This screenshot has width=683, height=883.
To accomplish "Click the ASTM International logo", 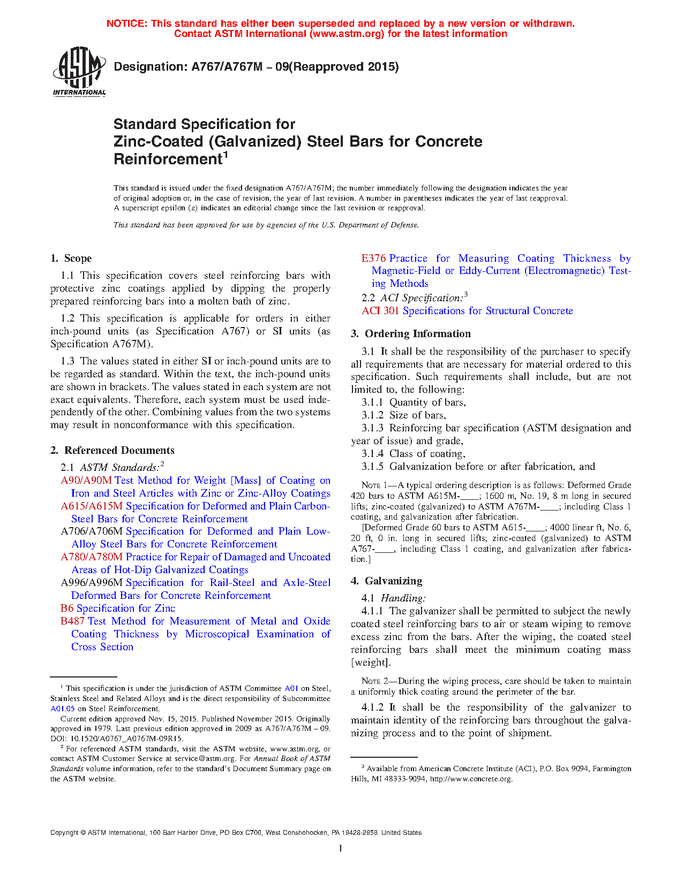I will pyautogui.click(x=79, y=71).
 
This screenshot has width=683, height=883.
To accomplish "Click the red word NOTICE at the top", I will pyautogui.click(x=126, y=24).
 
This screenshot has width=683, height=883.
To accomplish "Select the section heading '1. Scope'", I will pyautogui.click(x=71, y=258).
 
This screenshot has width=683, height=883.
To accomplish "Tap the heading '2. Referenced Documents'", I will pyautogui.click(x=112, y=451).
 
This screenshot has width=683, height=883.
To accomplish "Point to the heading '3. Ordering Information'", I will pyautogui.click(x=411, y=334).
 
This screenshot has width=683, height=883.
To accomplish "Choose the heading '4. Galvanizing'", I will pyautogui.click(x=386, y=581).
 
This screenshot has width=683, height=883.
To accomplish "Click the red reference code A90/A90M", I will pyautogui.click(x=86, y=481).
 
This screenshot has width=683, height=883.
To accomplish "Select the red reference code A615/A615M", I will pyautogui.click(x=92, y=506).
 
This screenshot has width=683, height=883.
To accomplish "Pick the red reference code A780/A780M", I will pyautogui.click(x=92, y=557).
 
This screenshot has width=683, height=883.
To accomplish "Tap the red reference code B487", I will pyautogui.click(x=72, y=621).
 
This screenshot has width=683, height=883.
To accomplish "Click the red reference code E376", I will pyautogui.click(x=373, y=258).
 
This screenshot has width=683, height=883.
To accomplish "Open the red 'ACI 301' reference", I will pyautogui.click(x=380, y=311).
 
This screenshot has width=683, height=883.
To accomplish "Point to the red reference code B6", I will pyautogui.click(x=67, y=608).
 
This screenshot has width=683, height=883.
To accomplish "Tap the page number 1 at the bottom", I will pyautogui.click(x=341, y=848).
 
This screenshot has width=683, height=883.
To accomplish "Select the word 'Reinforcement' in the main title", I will pyautogui.click(x=168, y=159).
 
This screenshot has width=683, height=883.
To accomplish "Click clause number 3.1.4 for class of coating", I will pyautogui.click(x=372, y=454).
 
